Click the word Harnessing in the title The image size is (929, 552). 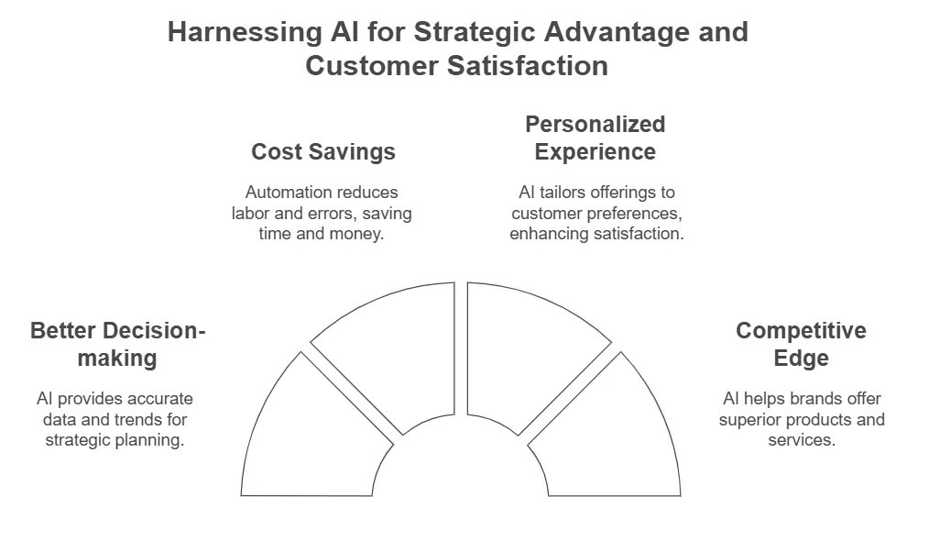click(x=245, y=32)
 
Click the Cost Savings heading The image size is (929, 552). click(x=323, y=152)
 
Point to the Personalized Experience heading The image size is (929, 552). click(x=596, y=138)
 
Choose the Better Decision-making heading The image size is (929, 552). click(x=118, y=345)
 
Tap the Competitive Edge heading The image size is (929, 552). click(x=801, y=345)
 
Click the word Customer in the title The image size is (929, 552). click(x=372, y=65)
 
